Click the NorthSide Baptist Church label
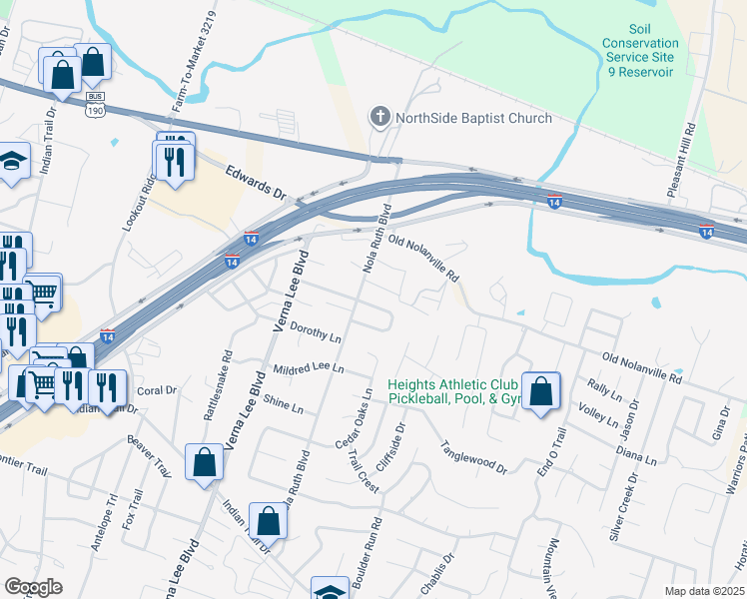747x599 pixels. (473, 118)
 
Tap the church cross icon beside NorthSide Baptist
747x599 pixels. (379, 118)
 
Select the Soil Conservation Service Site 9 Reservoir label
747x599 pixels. (641, 51)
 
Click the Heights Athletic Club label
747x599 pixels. (452, 384)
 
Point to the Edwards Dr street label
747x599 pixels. (256, 181)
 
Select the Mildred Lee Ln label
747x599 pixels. (309, 368)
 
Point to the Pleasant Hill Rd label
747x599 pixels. (691, 150)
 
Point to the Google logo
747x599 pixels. (34, 587)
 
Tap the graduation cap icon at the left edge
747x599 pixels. (12, 162)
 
